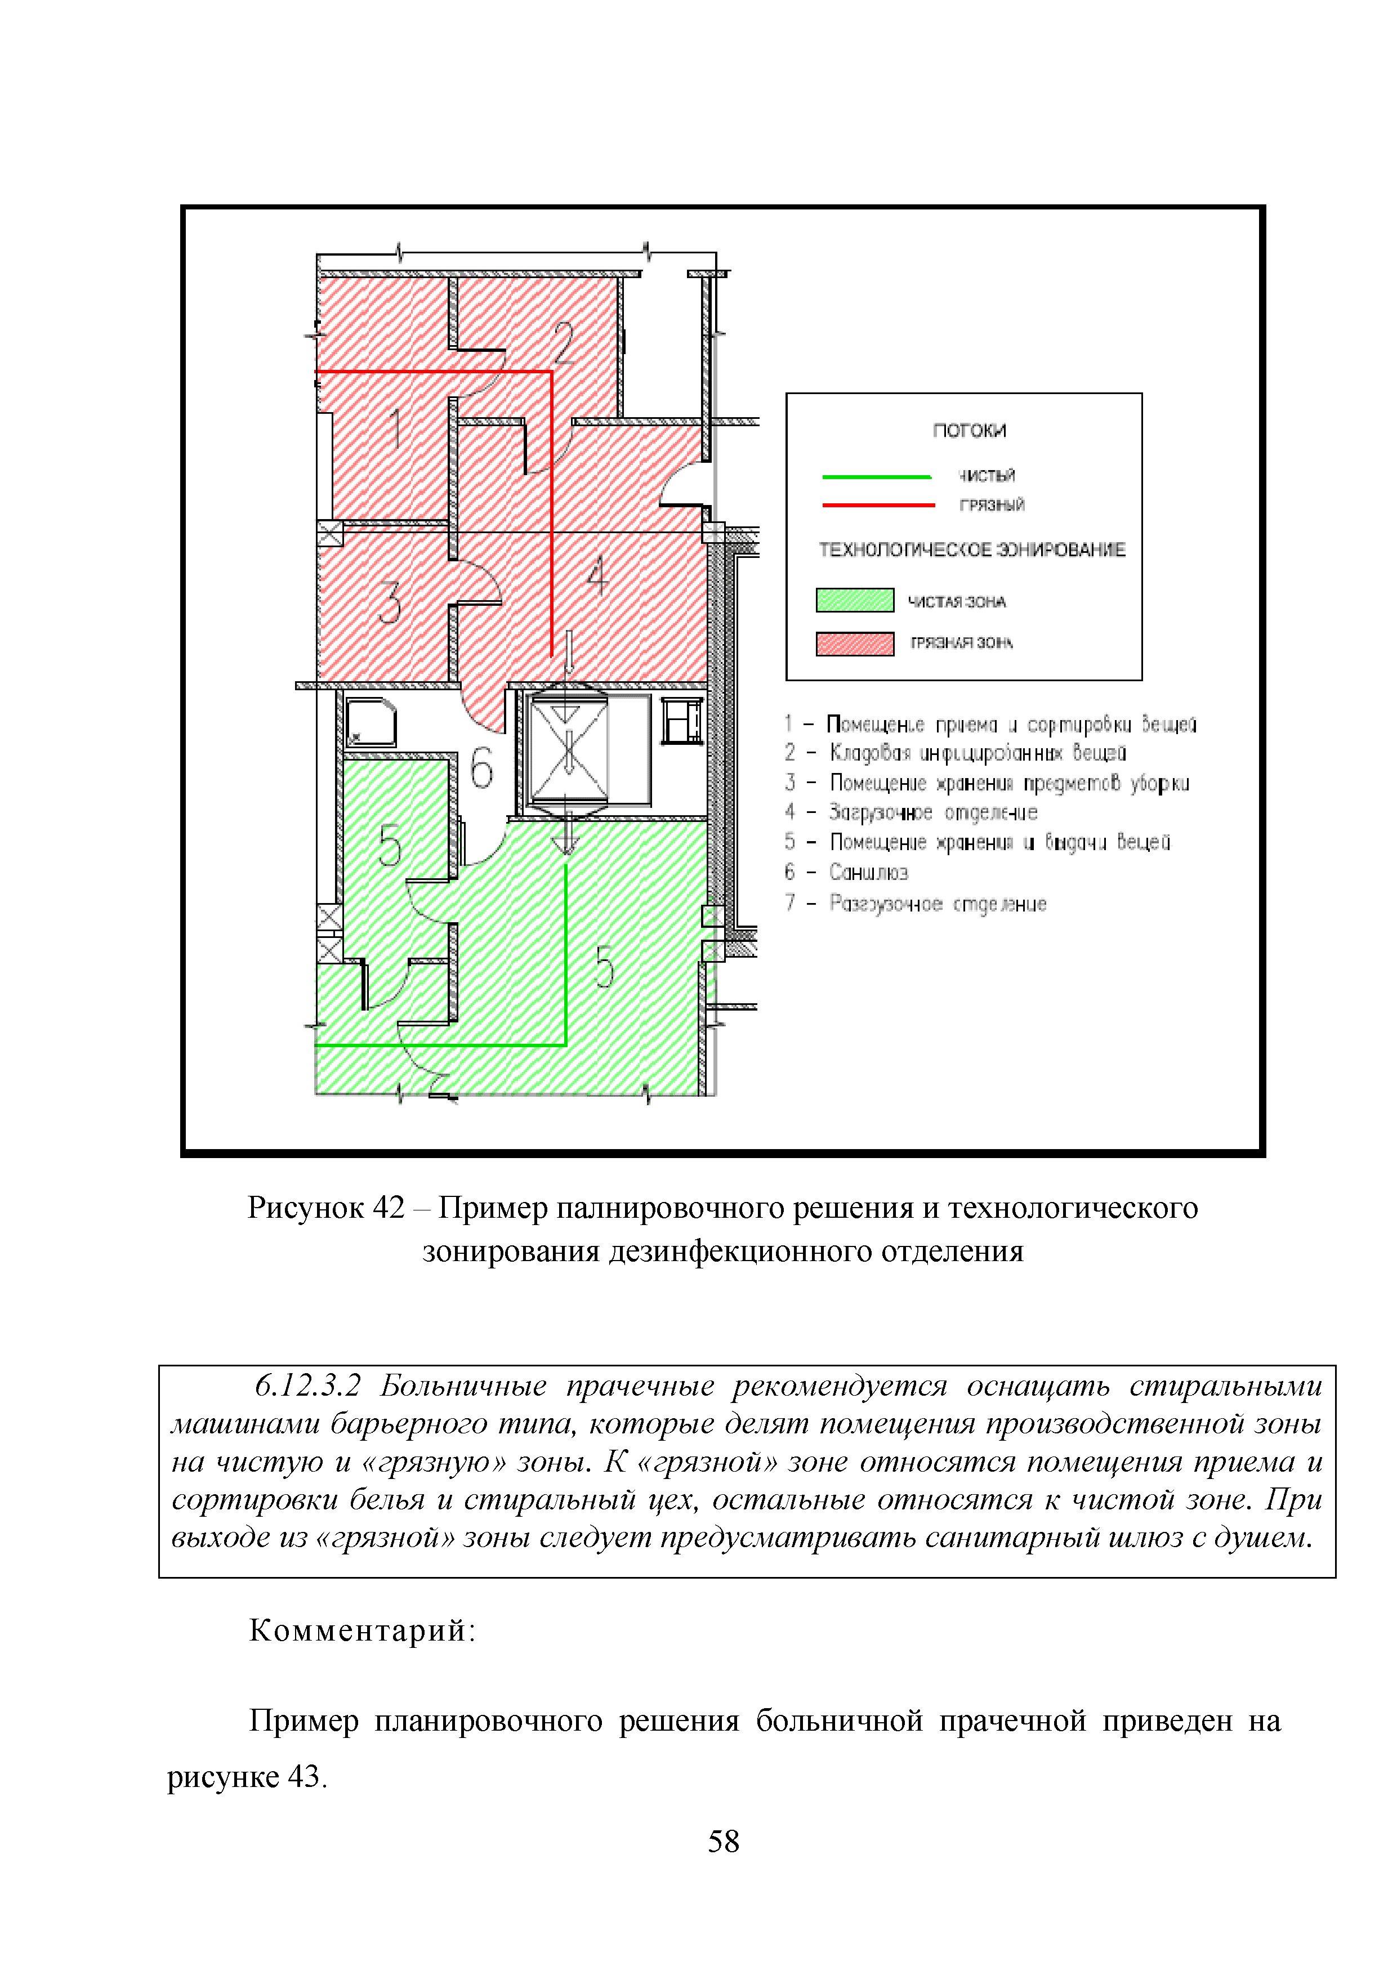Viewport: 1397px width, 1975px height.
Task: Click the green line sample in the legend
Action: (877, 476)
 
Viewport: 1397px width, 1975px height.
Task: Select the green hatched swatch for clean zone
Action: (854, 600)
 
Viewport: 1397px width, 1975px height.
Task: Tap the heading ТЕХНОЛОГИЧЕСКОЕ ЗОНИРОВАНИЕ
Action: (971, 549)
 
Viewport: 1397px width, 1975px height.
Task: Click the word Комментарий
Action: (361, 1630)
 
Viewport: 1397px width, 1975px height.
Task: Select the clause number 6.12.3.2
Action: (307, 1386)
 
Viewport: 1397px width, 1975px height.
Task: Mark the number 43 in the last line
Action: (305, 1776)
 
